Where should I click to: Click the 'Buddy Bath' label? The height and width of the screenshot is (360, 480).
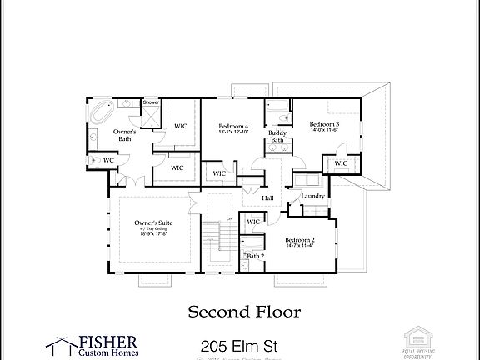(277, 136)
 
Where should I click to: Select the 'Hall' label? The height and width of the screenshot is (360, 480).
(267, 197)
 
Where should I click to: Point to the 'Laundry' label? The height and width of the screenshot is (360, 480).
(312, 196)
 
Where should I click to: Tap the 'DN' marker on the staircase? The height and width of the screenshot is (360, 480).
(206, 218)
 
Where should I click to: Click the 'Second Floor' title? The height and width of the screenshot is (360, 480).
(243, 312)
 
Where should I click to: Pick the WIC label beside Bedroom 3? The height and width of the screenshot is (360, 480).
(340, 163)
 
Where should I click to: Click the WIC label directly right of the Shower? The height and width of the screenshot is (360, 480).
(180, 126)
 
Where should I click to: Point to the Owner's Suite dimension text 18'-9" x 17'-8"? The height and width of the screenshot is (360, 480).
(152, 234)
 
